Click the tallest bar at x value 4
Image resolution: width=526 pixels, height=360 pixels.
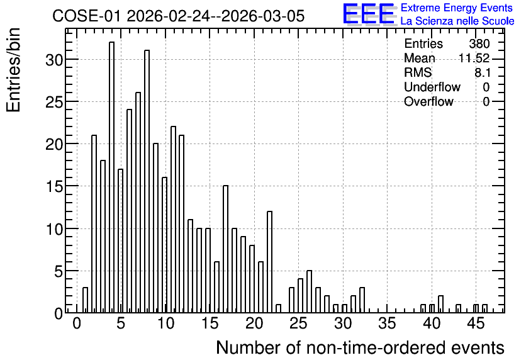(x=112, y=177)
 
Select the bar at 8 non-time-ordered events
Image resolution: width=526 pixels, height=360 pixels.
(x=147, y=181)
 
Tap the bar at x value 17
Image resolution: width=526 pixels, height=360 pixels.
(x=226, y=249)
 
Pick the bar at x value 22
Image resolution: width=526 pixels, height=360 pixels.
(x=270, y=262)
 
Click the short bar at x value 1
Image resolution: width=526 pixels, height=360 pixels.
(x=85, y=300)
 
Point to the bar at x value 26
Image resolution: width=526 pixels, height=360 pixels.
(x=310, y=291)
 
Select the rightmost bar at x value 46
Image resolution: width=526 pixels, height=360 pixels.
(x=484, y=308)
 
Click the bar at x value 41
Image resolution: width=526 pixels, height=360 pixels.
(x=441, y=305)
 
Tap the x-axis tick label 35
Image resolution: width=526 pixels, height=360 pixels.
(x=387, y=324)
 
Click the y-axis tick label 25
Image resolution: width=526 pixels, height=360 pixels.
(x=54, y=102)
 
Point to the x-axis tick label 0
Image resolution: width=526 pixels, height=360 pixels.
(x=77, y=324)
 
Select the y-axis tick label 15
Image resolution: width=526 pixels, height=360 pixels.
(x=54, y=186)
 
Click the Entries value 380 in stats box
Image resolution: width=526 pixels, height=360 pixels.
(x=479, y=43)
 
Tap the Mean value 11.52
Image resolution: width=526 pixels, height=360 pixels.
(x=474, y=58)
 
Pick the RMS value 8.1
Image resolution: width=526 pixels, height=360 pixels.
(x=483, y=72)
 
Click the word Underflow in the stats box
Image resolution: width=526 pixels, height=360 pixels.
(x=432, y=87)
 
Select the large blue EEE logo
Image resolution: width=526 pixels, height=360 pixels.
(x=369, y=14)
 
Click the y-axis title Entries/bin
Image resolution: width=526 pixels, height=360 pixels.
(x=14, y=70)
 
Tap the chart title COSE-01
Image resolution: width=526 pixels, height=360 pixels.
(x=86, y=16)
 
